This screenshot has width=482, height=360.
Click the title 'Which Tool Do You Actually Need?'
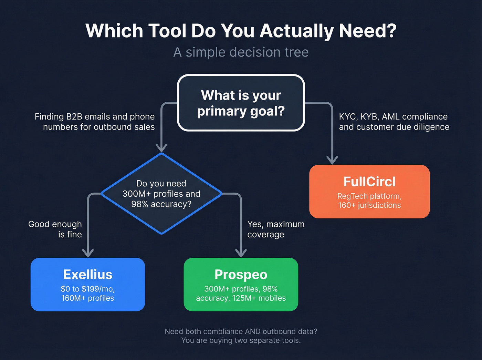[241, 31]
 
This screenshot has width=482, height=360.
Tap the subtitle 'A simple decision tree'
[241, 52]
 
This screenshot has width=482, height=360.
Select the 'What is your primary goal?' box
[241, 103]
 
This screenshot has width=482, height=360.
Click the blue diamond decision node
[161, 194]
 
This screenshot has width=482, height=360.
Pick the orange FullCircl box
[369, 191]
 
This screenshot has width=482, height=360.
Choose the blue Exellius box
[88, 284]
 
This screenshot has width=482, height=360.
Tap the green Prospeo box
[241, 284]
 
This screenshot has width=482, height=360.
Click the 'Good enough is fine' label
[55, 229]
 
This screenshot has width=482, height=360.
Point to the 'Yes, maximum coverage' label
[275, 229]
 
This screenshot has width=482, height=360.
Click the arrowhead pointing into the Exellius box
[88, 253]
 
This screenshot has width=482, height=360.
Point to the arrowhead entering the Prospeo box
[241, 253]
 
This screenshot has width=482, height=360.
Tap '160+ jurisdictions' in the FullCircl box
[369, 205]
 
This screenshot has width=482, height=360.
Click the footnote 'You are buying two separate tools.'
[241, 340]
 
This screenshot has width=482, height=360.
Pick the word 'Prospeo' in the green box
[241, 275]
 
